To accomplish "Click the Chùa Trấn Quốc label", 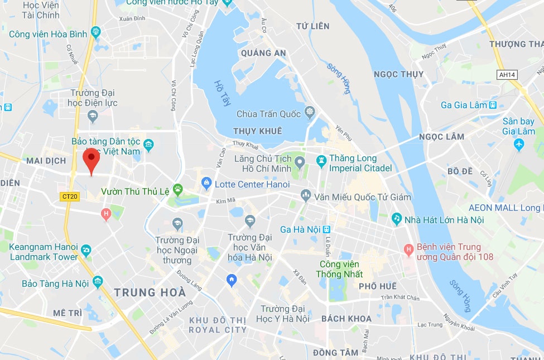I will coord(269,114).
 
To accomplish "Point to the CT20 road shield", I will coord(70,196).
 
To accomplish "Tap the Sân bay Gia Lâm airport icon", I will coord(518,145).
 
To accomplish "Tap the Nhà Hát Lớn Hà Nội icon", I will coord(397,219).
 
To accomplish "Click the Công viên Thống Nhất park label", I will coord(339,268).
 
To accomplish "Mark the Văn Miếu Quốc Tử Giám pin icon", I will coord(305,196).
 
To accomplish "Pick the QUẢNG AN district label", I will coord(263,53).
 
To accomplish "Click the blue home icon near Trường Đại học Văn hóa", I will coord(231,280).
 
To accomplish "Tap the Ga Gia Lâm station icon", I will coord(492,105).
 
